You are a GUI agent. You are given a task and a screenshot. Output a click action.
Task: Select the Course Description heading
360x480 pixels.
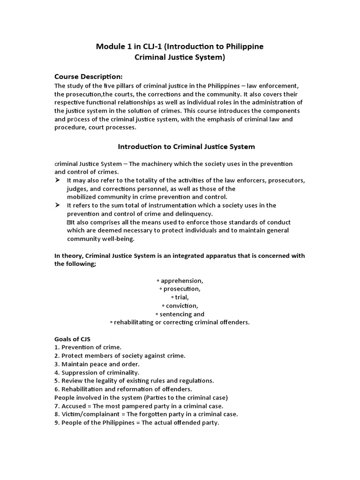click(88, 76)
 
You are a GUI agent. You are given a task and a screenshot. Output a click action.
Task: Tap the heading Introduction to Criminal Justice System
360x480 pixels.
click(186, 147)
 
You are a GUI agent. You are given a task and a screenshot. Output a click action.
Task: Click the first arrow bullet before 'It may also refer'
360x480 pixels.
click(58, 180)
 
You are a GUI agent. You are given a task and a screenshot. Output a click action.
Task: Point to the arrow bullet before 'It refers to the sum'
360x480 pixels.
click(58, 205)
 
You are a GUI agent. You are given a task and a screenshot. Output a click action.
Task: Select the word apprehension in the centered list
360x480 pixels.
click(181, 281)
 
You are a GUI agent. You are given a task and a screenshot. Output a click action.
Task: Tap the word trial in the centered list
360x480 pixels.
click(181, 298)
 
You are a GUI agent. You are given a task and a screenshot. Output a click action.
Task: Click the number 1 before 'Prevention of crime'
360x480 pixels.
click(56, 347)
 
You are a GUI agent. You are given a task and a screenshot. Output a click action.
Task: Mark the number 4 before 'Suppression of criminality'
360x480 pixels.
click(56, 373)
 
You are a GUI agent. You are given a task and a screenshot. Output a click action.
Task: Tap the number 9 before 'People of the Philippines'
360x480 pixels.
click(56, 423)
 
